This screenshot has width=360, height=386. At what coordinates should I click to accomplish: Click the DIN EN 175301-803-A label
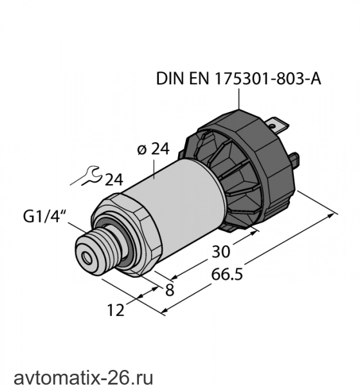239,78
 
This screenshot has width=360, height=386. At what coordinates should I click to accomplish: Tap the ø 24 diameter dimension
153,149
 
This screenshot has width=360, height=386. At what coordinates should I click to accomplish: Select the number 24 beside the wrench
114,179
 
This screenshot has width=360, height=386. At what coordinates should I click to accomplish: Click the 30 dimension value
221,252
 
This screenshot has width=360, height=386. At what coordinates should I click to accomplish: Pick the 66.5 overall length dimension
227,274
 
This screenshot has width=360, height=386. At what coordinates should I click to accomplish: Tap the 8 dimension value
170,289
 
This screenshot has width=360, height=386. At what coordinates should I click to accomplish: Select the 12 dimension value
116,310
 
